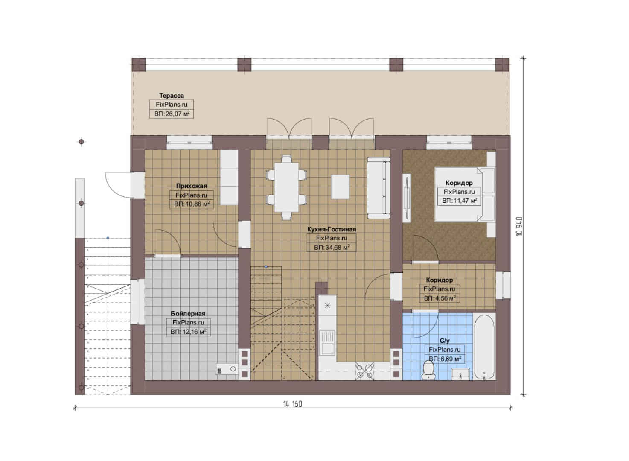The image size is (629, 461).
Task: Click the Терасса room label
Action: [x=172, y=96]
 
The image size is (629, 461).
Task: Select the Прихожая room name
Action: [x=192, y=186]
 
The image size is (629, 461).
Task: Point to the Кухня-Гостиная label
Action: [x=331, y=229]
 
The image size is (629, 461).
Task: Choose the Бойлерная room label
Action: [x=188, y=313]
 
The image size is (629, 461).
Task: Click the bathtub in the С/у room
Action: [x=484, y=347]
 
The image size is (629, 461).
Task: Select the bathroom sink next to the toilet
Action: [x=460, y=374]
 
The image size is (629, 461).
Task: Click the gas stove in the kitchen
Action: [x=364, y=371]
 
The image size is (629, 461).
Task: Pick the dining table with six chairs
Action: [x=286, y=187]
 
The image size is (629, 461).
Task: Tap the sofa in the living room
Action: [x=379, y=188]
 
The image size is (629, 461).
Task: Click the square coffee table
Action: [x=341, y=187]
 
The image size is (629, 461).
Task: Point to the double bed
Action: [x=465, y=194]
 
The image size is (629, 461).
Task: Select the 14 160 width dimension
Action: [x=293, y=404]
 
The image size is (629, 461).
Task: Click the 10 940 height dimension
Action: [x=519, y=226]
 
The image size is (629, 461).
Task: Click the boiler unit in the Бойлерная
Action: [x=227, y=369]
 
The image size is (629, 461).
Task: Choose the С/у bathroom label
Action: [x=445, y=341]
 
